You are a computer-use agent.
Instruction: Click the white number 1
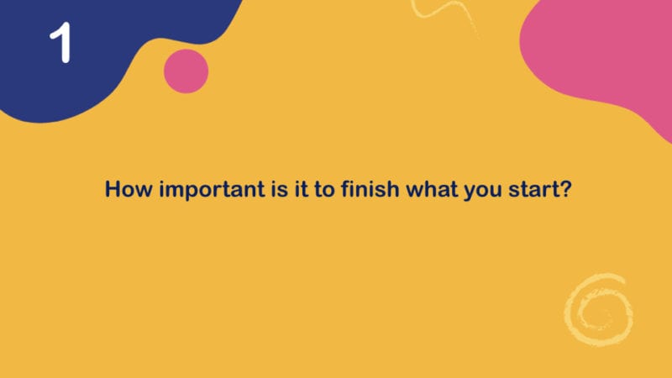[61, 43]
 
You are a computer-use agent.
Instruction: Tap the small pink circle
[186, 71]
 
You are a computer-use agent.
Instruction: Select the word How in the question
[129, 189]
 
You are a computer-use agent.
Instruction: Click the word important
[213, 190]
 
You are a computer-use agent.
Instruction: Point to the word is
[280, 189]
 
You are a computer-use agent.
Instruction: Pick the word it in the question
[302, 189]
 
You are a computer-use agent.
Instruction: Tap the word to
[324, 190]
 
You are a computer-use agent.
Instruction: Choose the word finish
[370, 189]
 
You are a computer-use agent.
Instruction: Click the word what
[432, 189]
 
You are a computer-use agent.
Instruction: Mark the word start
[533, 190]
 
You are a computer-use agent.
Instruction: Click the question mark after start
[565, 189]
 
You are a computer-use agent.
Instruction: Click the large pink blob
[600, 51]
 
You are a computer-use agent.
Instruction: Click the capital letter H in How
[113, 189]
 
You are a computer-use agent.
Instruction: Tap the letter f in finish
[345, 189]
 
